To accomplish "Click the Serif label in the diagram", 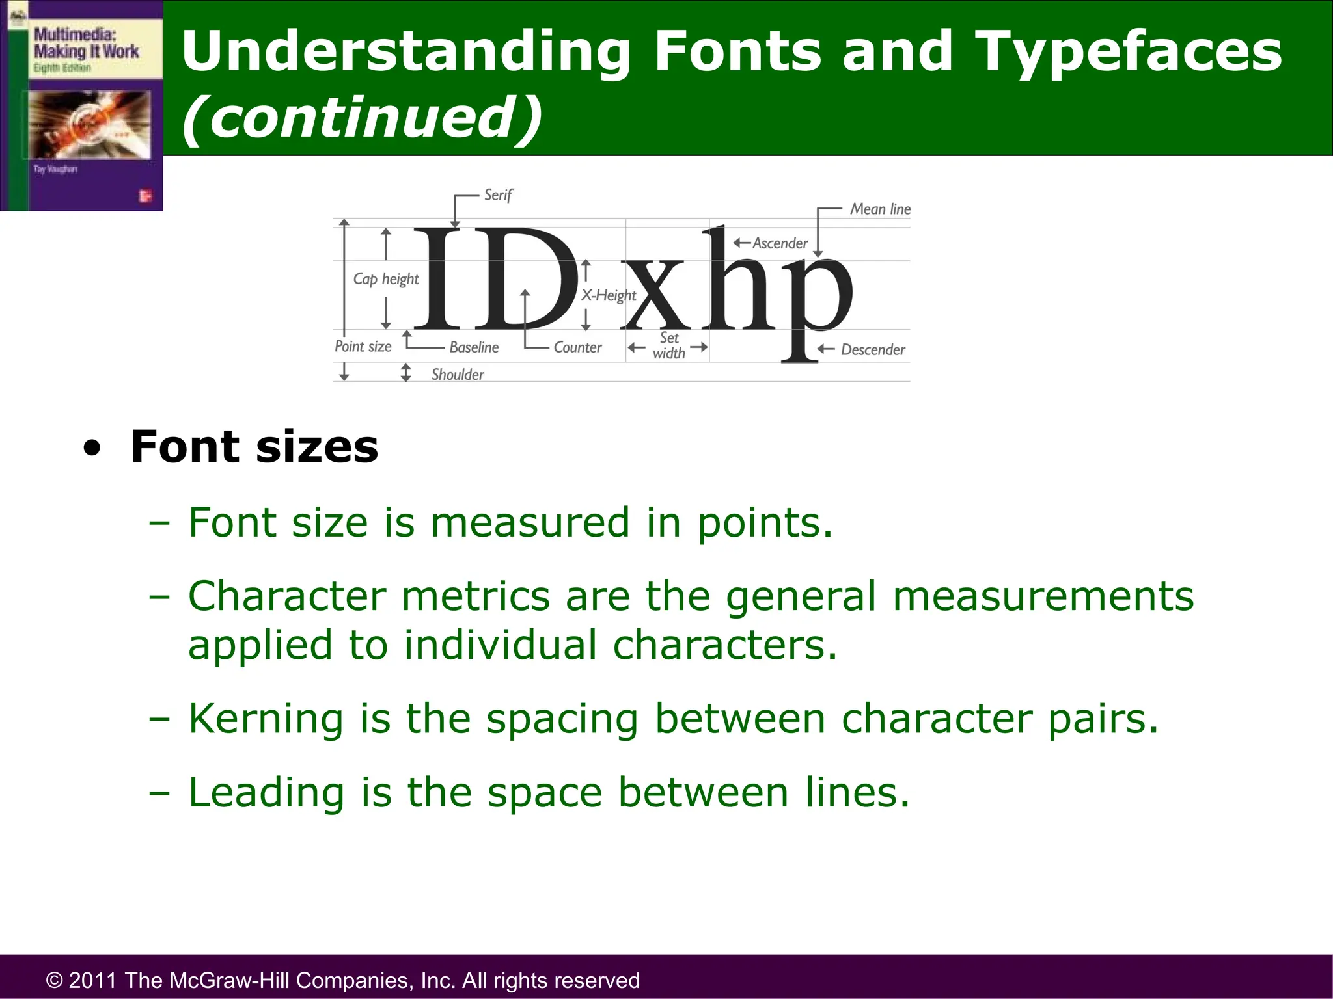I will pos(498,195).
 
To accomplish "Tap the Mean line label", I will pos(879,209).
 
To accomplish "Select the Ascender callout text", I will pos(780,243).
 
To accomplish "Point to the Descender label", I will pos(872,350).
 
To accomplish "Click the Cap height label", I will pos(386,279).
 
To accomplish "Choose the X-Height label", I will pos(608,295).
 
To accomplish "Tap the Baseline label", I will pos(474,347).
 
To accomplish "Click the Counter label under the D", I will pos(577,347).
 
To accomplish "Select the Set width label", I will pos(669,345).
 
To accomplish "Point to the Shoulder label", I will pos(458,375).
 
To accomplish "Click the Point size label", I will pos(363,346).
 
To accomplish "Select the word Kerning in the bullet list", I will pos(266,719).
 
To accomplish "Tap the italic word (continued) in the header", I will pos(362,117).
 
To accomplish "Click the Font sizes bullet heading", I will pos(254,447).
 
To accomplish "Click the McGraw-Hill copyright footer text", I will pos(343,979).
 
